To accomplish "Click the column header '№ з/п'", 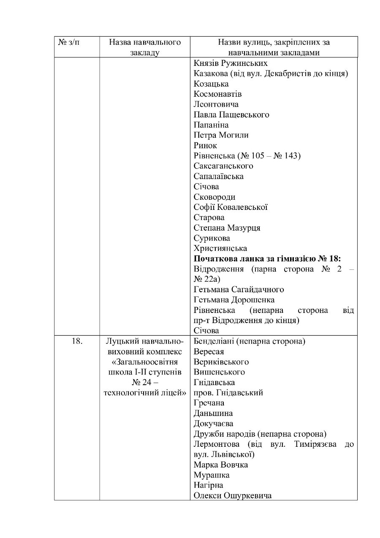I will pyautogui.click(x=68, y=42).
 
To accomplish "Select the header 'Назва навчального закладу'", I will pyautogui.click(x=145, y=47).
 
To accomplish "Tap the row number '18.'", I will pyautogui.click(x=77, y=341).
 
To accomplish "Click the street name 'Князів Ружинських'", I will pyautogui.click(x=231, y=63).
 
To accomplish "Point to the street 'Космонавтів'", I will pyautogui.click(x=218, y=94).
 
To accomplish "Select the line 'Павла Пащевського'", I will pyautogui.click(x=231, y=114).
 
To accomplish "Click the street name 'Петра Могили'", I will pyautogui.click(x=221, y=135).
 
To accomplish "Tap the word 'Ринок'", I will pyautogui.click(x=205, y=146).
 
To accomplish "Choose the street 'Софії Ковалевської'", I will pyautogui.click(x=231, y=207).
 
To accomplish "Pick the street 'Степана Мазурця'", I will pyautogui.click(x=227, y=228).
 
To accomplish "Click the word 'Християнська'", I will pyautogui.click(x=220, y=248).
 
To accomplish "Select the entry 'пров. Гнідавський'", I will pyautogui.click(x=228, y=393).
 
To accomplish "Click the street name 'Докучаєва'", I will pyautogui.click(x=214, y=424).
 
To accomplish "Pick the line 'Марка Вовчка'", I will pyautogui.click(x=221, y=465).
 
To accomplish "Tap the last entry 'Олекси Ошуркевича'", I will pyautogui.click(x=233, y=496).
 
